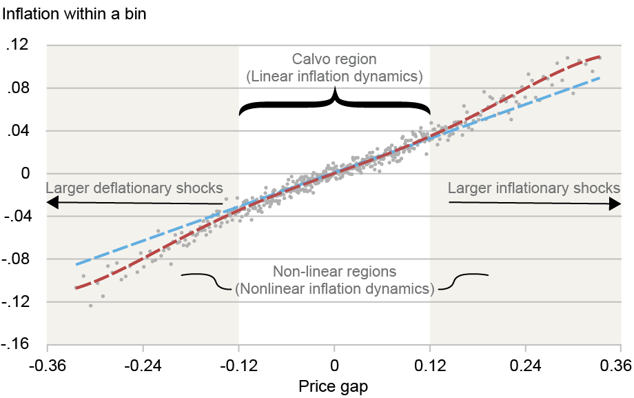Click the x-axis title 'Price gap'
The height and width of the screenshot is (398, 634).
tap(334, 386)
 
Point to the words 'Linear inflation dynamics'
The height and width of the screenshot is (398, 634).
tap(334, 76)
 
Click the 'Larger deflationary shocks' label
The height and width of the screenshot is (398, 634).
tap(134, 188)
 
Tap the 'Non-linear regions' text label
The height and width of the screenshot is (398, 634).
tap(334, 272)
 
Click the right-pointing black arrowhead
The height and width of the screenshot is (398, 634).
tap(615, 202)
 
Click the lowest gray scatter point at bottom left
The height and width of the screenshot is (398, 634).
tap(90, 306)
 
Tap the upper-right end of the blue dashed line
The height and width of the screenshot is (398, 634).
tap(600, 78)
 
